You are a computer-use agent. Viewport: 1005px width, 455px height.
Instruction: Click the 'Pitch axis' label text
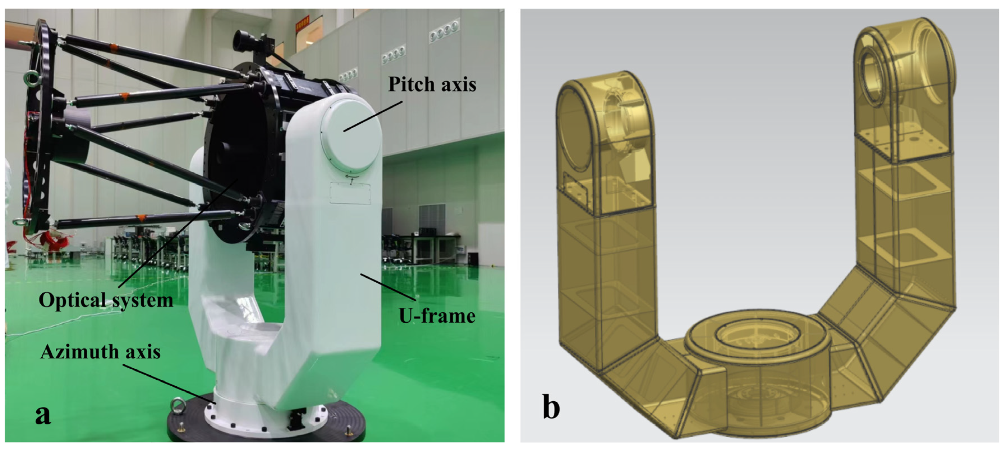[432, 84]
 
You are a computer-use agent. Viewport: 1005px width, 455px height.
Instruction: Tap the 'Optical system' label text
[106, 300]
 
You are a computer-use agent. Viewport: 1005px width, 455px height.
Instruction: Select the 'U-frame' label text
[437, 315]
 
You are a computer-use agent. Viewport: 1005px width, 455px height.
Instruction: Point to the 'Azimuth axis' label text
[100, 352]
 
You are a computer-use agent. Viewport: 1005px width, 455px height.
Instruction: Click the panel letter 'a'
[43, 415]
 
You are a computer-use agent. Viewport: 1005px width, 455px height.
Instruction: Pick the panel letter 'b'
[551, 407]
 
